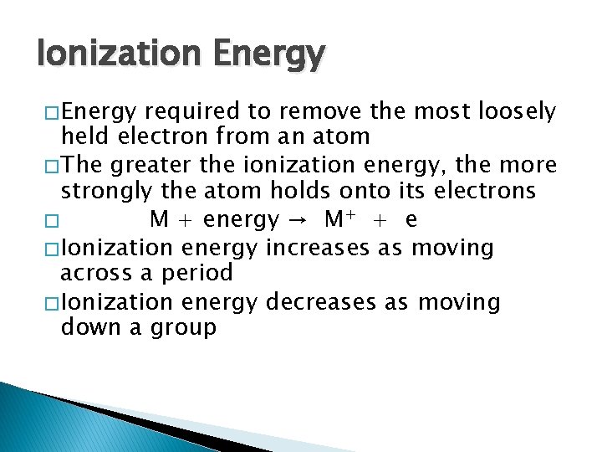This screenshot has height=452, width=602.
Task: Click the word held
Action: [82, 136]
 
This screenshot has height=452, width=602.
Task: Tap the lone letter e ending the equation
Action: [411, 220]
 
